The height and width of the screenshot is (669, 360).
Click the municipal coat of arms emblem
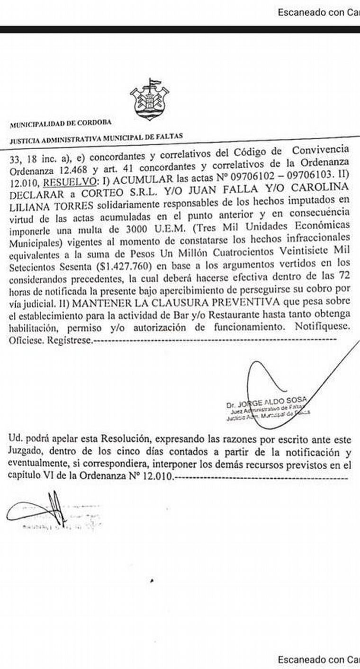tap(150, 100)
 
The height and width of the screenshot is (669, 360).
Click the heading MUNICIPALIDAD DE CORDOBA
tap(61, 123)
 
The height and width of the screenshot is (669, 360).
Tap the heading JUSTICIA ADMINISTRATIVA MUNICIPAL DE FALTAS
tap(97, 138)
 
